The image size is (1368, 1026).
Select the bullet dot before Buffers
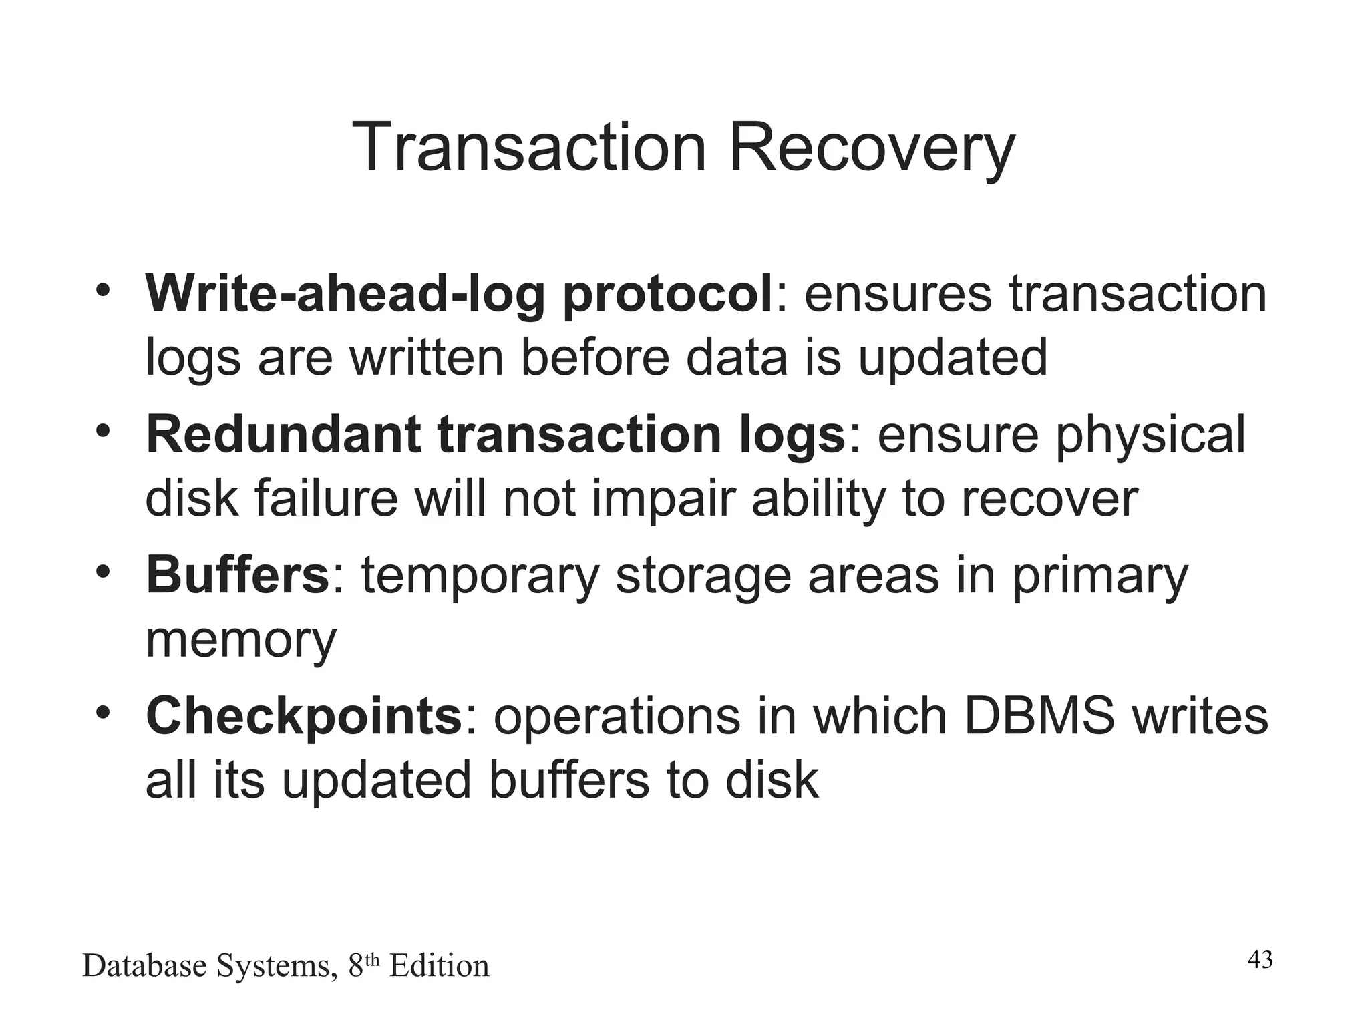pos(102,573)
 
